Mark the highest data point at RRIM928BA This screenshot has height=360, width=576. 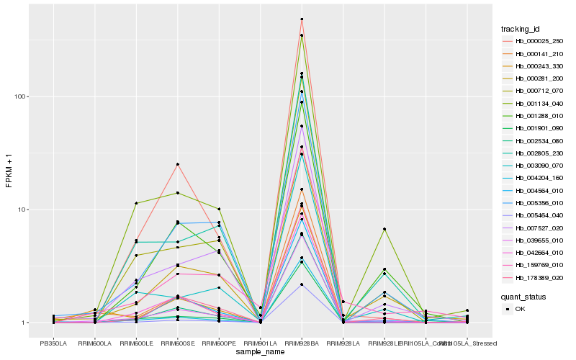302,19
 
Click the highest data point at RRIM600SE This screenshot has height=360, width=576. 177,164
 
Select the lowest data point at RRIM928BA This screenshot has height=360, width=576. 302,285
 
